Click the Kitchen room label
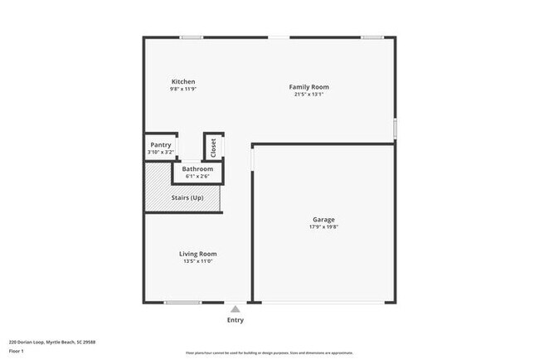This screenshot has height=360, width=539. coord(183,81)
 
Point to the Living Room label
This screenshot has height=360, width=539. coord(198,254)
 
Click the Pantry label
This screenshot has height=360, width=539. coord(160,144)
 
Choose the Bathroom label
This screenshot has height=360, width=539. coord(197,169)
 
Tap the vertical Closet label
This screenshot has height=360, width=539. coord(213,148)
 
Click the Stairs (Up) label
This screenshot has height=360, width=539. coord(187,198)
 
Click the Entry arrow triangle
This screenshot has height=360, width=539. coord(236,309)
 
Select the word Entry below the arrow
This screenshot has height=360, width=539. coord(236,320)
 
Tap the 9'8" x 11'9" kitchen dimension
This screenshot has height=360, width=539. coord(183,89)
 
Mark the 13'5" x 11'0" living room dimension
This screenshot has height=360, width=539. coord(198,261)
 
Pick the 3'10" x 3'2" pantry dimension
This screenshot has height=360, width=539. coord(160,152)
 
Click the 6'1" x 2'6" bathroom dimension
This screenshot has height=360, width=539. coord(197,176)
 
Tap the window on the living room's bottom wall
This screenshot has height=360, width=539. coord(182,303)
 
